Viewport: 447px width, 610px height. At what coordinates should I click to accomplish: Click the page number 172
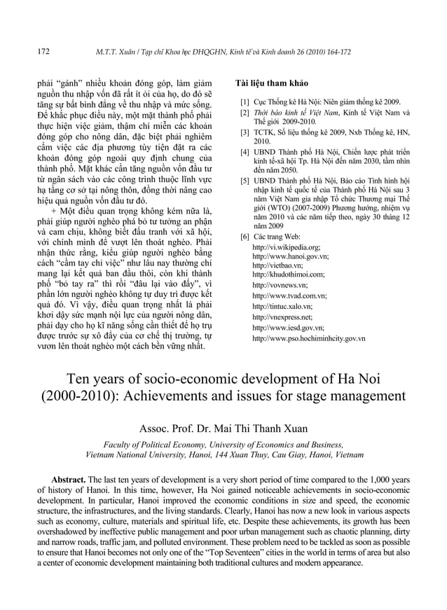(43, 51)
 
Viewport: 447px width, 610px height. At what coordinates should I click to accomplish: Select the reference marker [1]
(245, 102)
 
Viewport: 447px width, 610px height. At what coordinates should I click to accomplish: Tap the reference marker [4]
(245, 151)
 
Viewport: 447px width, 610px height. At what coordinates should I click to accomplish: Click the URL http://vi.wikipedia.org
(287, 247)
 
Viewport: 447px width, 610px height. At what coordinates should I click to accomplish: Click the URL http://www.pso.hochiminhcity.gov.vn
(308, 338)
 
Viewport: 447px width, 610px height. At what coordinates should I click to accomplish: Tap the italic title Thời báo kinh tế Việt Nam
(291, 112)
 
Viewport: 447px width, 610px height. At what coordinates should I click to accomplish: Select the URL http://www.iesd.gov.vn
(288, 327)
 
